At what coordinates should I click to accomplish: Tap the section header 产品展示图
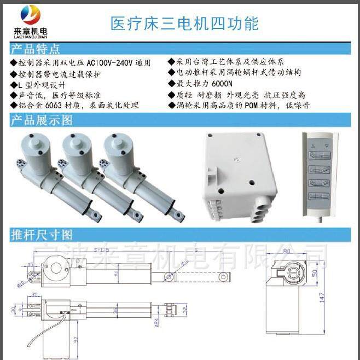pyautogui.click(x=41, y=120)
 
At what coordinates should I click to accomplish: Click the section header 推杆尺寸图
pyautogui.click(x=41, y=235)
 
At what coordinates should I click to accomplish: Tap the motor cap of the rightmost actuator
pyautogui.click(x=122, y=145)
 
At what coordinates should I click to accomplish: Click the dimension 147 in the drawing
pyautogui.click(x=322, y=297)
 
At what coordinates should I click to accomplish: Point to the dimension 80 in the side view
pyautogui.click(x=286, y=252)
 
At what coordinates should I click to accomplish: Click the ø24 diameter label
pyautogui.click(x=156, y=323)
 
